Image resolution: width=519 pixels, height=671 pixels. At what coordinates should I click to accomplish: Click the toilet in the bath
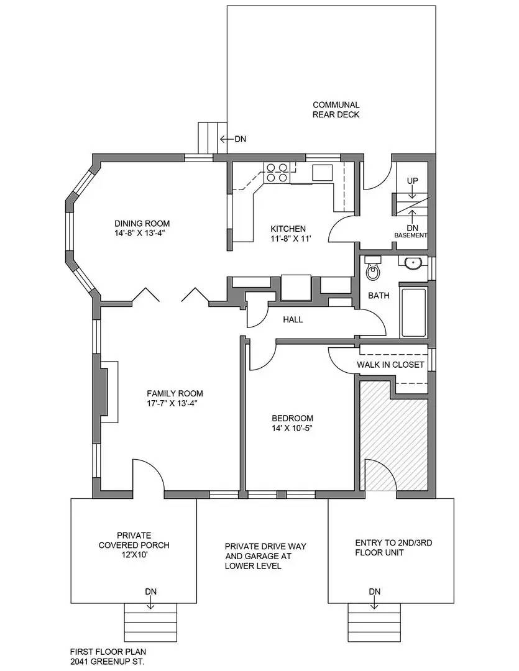(x=373, y=268)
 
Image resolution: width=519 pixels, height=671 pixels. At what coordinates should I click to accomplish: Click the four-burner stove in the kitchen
(x=277, y=172)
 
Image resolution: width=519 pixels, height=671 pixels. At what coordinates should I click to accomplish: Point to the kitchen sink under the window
(x=323, y=172)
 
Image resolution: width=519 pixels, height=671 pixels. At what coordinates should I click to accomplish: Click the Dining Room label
(x=142, y=224)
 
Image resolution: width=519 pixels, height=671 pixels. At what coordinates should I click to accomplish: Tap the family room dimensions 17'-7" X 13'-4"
(x=175, y=403)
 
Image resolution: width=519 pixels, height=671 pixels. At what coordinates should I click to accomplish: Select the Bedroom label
(x=292, y=418)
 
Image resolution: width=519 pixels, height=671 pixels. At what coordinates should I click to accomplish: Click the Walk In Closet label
(x=390, y=365)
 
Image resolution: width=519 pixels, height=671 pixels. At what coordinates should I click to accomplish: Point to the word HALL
(x=293, y=319)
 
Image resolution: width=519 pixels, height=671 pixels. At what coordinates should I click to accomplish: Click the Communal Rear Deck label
(x=336, y=109)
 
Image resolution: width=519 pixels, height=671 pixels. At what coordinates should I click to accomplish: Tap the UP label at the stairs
(x=412, y=181)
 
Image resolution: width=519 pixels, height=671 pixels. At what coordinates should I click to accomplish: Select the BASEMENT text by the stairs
(x=411, y=235)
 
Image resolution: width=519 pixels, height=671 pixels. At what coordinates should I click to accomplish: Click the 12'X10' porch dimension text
(x=134, y=555)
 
